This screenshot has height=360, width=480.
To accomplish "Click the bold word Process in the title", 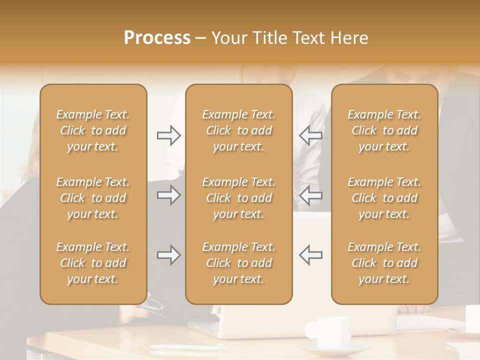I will tap(157, 38).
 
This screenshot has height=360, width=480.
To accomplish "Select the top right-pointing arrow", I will tap(169, 135).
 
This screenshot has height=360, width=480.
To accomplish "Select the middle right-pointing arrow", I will tap(169, 195).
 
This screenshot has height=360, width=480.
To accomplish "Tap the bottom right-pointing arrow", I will tap(169, 255).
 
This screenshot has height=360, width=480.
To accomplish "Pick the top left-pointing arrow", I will tap(310, 135).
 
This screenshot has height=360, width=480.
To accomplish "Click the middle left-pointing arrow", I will tap(310, 195).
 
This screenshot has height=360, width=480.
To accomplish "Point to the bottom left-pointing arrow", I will tap(310, 255).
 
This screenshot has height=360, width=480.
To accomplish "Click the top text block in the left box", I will tap(93, 130).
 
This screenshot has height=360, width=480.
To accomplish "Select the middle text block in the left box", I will tap(93, 198).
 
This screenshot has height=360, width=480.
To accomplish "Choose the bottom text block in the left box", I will tap(93, 263).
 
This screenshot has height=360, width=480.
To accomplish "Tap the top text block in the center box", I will tap(239, 130).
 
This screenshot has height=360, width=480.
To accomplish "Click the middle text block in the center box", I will tap(239, 198).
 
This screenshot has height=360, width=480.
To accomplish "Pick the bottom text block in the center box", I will tap(239, 263).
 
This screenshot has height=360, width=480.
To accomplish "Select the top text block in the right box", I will tap(384, 130).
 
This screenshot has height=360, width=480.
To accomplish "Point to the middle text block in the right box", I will tap(384, 198).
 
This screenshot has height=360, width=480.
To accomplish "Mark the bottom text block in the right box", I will tap(384, 263).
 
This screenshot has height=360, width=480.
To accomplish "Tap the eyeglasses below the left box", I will tap(154, 307).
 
